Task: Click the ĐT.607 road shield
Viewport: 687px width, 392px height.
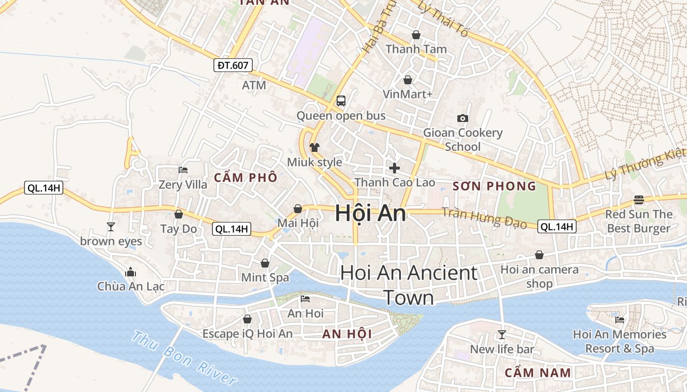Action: (233, 65)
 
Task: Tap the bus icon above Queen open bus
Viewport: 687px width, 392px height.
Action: (341, 101)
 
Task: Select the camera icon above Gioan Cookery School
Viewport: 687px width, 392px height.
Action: (462, 118)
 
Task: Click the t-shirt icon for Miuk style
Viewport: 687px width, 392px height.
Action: (314, 147)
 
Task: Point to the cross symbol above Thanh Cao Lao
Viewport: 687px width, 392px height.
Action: (395, 168)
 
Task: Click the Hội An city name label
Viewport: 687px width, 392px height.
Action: (370, 214)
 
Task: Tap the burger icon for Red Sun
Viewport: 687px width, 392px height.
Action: (638, 199)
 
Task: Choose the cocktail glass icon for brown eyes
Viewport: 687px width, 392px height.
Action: (111, 226)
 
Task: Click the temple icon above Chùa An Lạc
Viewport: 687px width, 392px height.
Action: (131, 271)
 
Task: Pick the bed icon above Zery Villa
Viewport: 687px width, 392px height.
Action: (183, 170)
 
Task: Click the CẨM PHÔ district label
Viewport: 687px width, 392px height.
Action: (245, 177)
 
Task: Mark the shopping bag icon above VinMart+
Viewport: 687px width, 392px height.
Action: (407, 79)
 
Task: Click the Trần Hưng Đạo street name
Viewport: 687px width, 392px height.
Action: (484, 218)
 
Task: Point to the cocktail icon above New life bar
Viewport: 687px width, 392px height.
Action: (502, 334)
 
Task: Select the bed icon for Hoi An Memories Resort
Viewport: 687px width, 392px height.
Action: (620, 320)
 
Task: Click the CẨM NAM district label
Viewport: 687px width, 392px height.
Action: (538, 372)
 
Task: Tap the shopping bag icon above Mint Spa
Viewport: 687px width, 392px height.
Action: (265, 263)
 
